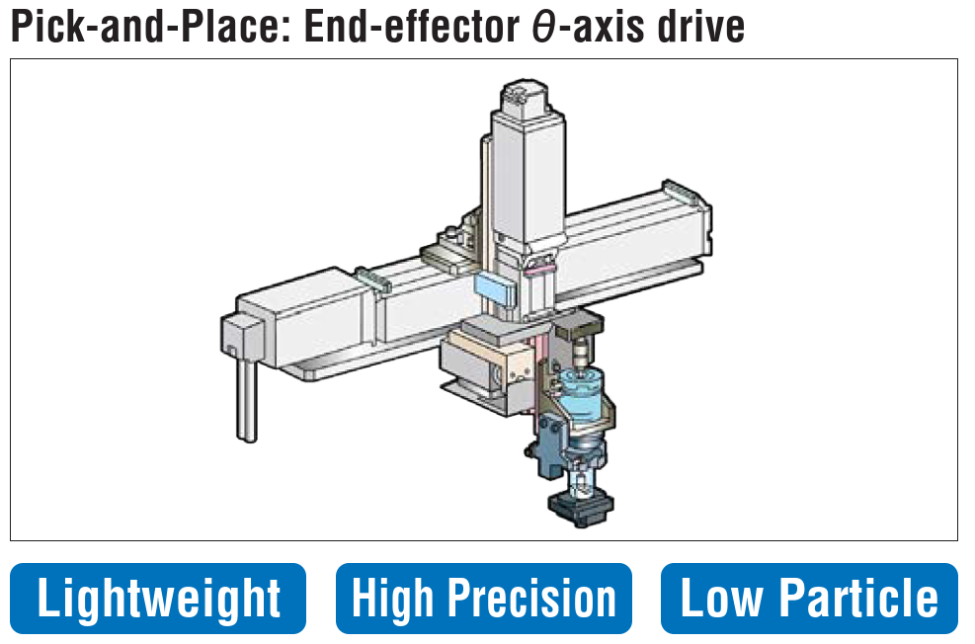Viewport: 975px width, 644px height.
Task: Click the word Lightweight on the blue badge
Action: point(158,599)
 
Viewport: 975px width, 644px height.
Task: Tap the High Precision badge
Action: point(483,599)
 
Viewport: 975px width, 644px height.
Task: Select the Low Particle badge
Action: point(808,599)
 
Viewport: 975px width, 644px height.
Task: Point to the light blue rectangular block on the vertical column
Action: point(494,288)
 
